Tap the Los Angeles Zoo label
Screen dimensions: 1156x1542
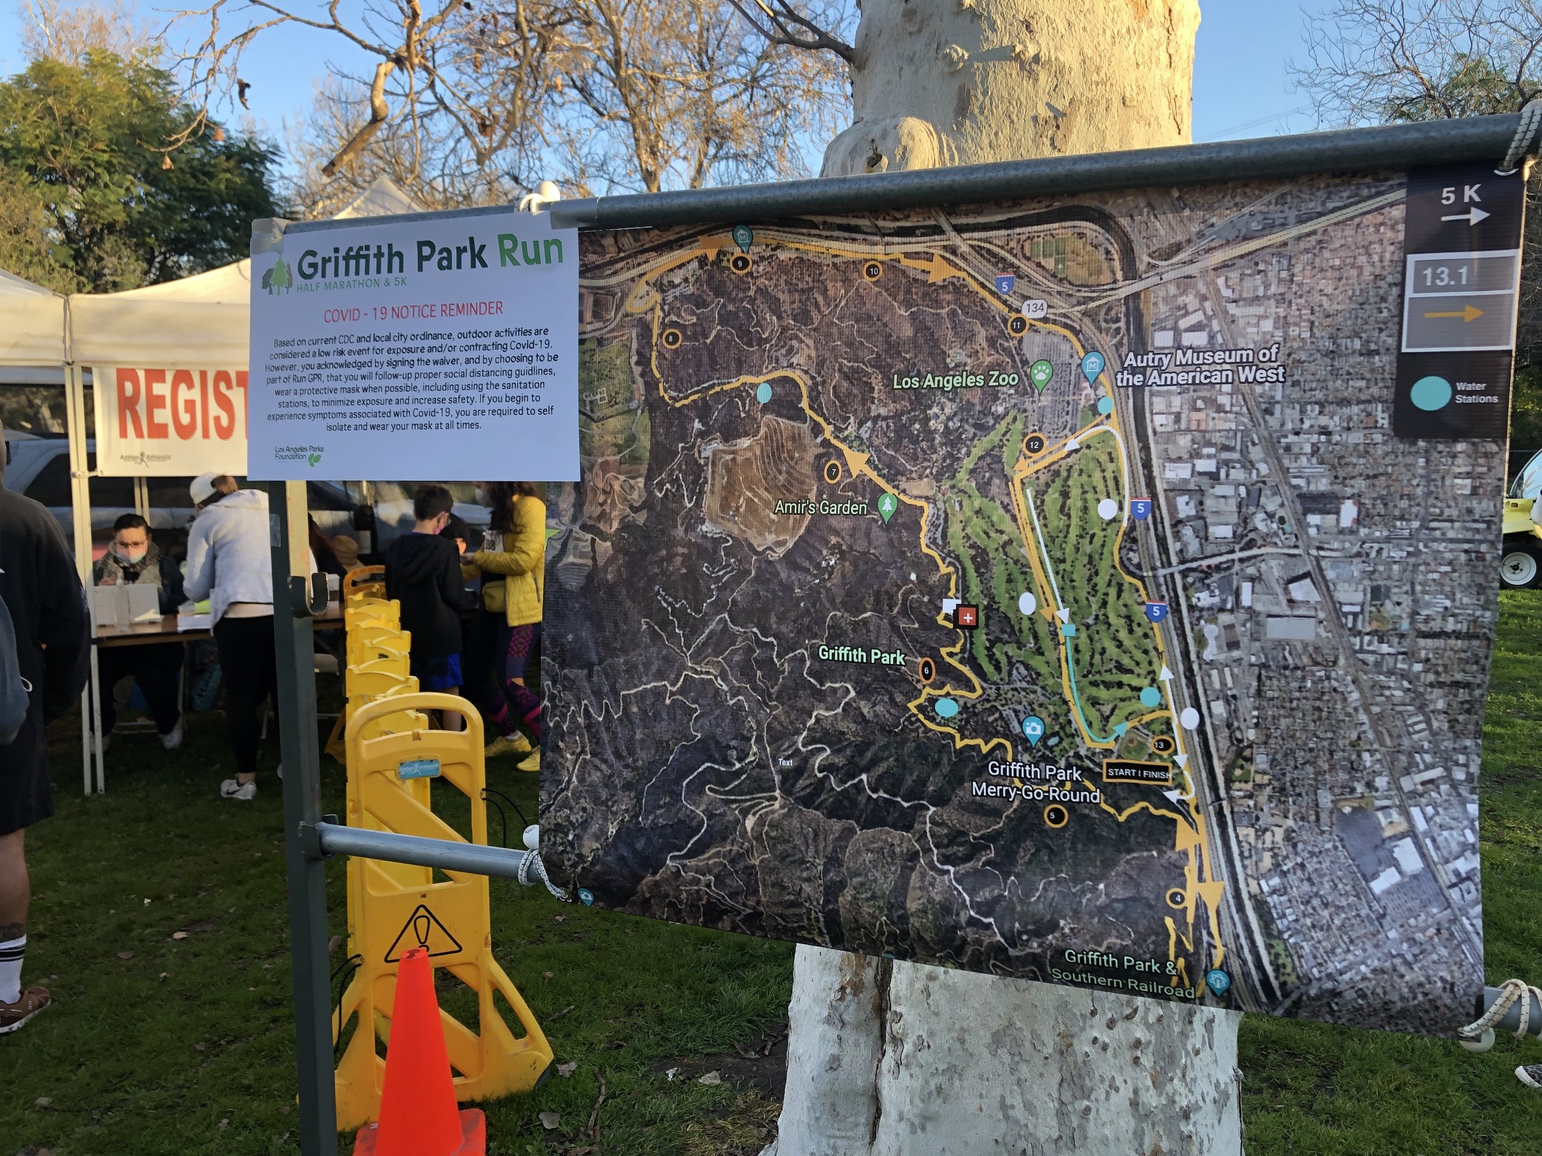point(955,381)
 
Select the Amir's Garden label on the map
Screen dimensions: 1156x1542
point(820,507)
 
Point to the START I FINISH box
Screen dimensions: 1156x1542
point(1137,773)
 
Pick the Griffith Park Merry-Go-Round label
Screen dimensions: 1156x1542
point(1035,782)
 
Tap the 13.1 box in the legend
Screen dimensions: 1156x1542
point(1445,277)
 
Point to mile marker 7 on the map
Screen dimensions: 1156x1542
point(833,472)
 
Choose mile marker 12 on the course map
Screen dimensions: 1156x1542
point(1034,445)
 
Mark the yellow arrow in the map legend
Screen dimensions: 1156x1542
point(1453,314)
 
